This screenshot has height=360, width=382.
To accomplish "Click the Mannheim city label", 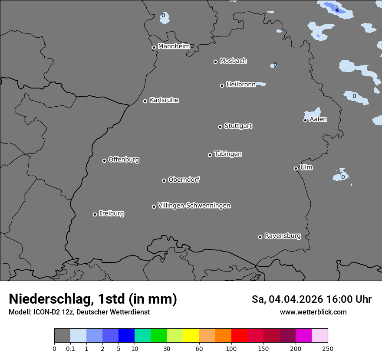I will point(174,46).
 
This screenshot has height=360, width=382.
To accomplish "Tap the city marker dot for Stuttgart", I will point(220,127).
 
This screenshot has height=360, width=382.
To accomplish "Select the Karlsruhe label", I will point(164,100).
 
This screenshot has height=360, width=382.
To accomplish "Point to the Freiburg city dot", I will point(95,214).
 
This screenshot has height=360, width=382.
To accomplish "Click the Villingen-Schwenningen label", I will point(194,206).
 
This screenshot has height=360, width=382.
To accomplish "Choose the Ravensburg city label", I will point(282,236).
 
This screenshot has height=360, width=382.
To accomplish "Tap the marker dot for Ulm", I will point(296,168).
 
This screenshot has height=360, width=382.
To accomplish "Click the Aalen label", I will point(318,119).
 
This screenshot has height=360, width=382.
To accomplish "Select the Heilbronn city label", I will point(240,85).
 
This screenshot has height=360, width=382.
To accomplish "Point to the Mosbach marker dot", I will point(215,62).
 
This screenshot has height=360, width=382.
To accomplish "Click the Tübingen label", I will point(227,154).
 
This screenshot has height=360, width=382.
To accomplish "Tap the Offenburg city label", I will point(123,160).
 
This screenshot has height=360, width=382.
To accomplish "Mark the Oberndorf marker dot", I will point(164,180).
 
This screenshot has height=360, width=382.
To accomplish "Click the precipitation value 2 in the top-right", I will point(337,9).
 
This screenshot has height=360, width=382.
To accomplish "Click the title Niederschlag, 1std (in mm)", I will point(93,299).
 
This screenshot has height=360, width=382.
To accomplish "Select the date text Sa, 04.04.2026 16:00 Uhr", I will point(311,299).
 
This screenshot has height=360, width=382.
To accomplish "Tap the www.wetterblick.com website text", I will point(313,312).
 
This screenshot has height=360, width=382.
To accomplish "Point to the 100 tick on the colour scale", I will point(231,348).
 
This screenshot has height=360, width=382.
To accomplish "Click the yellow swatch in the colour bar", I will point(191,336).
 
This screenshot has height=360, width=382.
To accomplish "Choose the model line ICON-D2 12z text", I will point(79,312).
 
